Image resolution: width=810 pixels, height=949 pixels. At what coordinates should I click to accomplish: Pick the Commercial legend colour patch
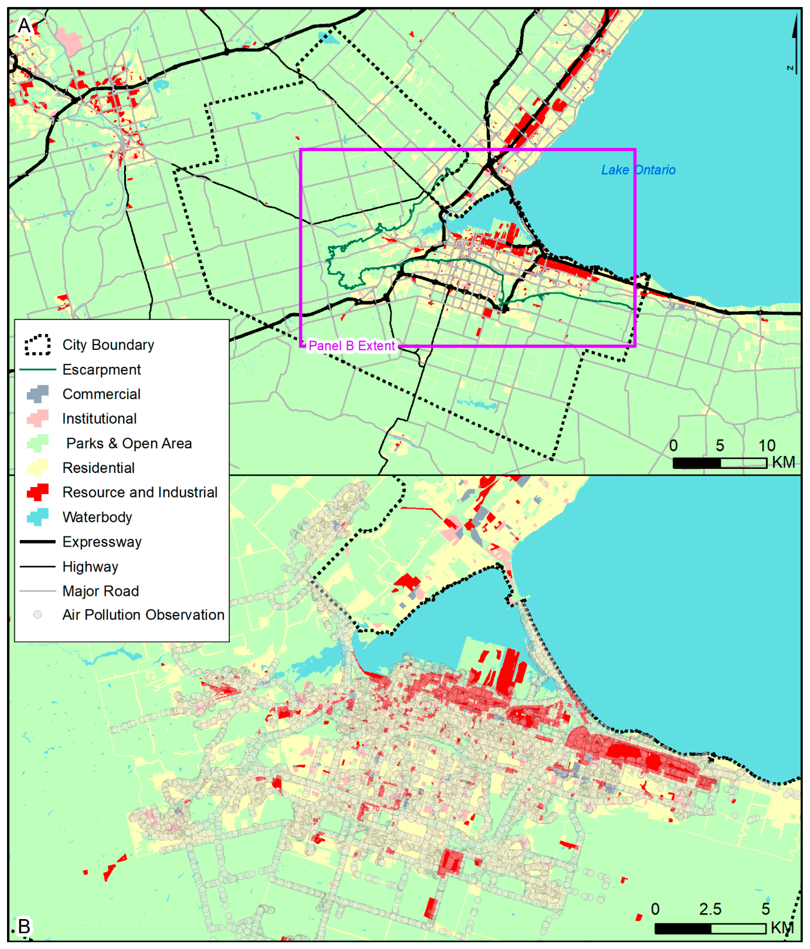tap(38, 394)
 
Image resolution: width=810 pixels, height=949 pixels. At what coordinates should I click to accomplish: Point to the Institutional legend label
tap(99, 419)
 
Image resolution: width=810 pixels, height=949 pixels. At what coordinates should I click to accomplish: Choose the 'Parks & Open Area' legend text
tap(129, 443)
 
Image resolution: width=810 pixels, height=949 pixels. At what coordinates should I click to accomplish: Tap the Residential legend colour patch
tap(38, 468)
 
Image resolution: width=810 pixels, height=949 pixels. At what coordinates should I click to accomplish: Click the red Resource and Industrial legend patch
tap(38, 492)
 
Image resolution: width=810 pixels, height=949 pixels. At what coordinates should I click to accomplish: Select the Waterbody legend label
tap(97, 517)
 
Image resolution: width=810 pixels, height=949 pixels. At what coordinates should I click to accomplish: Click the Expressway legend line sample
tap(38, 542)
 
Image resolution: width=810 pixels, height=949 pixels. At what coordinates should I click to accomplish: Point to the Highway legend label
tap(90, 567)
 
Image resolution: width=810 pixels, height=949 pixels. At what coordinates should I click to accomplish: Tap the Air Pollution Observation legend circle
tap(38, 615)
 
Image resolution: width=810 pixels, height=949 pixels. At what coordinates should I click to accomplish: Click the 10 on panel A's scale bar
tap(766, 445)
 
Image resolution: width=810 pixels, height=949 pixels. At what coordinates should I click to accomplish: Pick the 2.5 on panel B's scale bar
tap(710, 909)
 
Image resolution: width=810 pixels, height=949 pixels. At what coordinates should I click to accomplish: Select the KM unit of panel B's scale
tap(782, 928)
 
